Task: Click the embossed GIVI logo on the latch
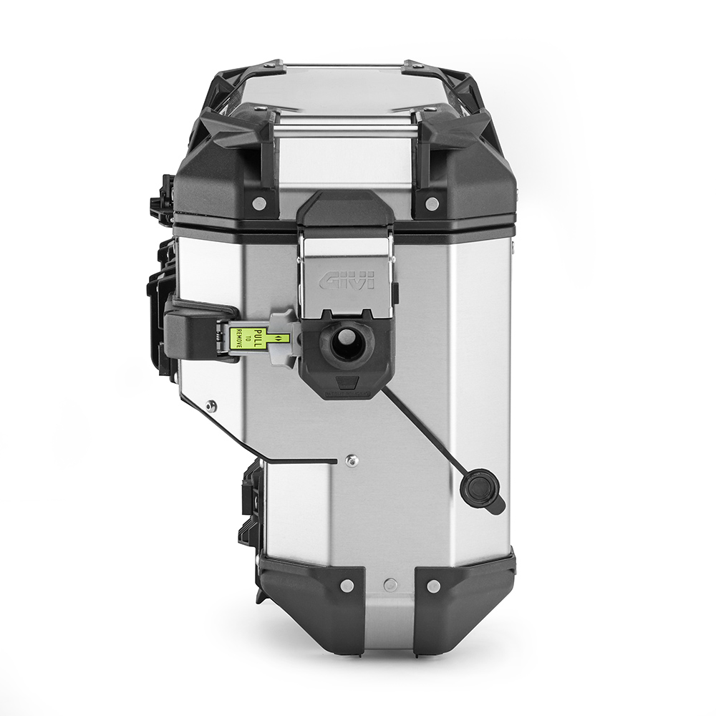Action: [347, 280]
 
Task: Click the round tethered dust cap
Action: [474, 490]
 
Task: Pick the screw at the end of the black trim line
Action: [349, 461]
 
